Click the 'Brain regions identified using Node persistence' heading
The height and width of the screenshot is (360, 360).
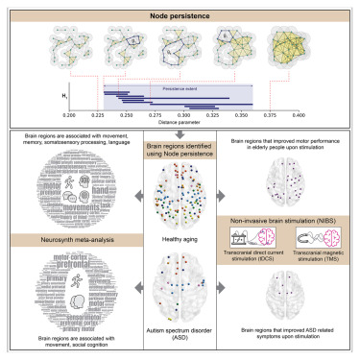click(x=180, y=149)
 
